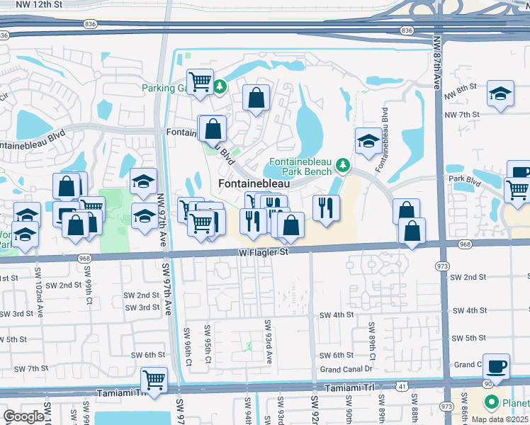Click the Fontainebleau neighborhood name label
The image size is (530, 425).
coord(254,183)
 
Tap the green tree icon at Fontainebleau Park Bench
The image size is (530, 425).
coord(344,165)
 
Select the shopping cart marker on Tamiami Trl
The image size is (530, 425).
coord(154,380)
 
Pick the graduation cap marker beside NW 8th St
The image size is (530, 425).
coord(500,94)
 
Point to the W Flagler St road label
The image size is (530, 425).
coord(264,251)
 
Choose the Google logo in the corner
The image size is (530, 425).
coord(23,416)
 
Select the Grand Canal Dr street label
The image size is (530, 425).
coord(346,369)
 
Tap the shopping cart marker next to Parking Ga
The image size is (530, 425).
coord(201,81)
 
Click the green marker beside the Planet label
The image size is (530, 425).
coord(490,403)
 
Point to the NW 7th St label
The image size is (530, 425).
coord(461,114)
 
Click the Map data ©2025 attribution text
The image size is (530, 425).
coord(500,419)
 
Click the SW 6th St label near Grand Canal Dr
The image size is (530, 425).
coord(336,356)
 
